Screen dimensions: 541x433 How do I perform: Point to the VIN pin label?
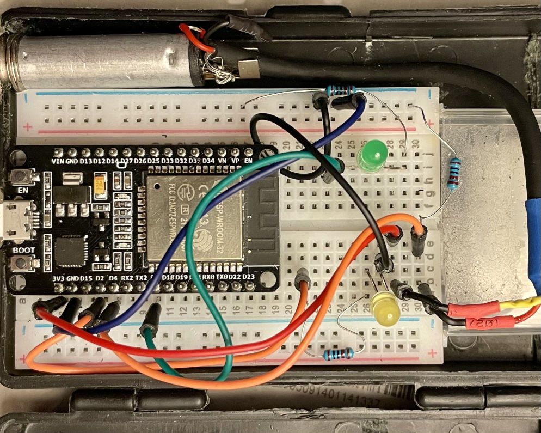(58, 162)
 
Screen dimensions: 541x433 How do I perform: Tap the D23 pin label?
(248, 277)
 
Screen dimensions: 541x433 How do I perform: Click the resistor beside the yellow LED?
(338, 355)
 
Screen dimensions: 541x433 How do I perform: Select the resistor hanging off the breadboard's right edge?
(453, 173)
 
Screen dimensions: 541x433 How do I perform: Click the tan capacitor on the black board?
(100, 187)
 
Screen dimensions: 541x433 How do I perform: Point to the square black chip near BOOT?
(70, 252)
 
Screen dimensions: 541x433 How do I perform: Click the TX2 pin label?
(141, 278)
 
